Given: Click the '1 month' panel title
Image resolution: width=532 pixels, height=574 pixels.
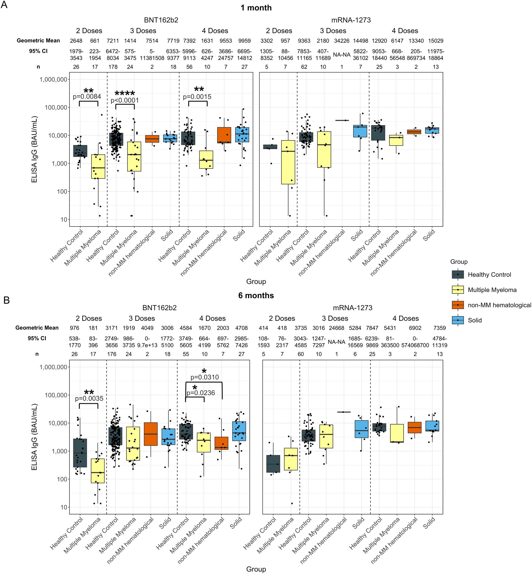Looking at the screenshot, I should tap(256, 8).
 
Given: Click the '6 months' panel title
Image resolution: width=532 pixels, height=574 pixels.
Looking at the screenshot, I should tap(256, 295).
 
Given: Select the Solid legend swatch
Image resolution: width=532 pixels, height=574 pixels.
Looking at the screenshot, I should tap(458, 320).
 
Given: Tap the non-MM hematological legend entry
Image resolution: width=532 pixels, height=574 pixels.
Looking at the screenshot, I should tap(499, 305).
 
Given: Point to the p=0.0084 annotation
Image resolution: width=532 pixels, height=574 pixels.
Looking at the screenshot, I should tap(87, 97).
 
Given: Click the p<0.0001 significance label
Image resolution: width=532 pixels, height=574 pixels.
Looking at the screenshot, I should tap(125, 100).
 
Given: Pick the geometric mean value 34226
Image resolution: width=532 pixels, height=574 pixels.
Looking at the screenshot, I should tap(341, 41).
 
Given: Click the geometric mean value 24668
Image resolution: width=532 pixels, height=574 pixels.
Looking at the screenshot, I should tap(336, 328).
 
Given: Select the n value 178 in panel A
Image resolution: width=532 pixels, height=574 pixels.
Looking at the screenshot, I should tap(113, 67).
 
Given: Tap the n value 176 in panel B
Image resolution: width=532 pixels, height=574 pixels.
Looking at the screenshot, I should tap(112, 354).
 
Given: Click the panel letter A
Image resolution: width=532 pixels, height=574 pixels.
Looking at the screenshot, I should tap(4, 5).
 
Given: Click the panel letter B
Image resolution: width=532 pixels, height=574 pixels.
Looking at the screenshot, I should tap(6, 300).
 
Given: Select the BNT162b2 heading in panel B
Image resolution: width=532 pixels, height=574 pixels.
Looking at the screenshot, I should tap(159, 308).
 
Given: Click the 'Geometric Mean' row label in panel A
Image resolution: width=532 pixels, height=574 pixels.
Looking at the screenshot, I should tap(38, 41).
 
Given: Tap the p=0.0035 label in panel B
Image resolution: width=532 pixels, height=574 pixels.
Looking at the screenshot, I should tap(89, 398).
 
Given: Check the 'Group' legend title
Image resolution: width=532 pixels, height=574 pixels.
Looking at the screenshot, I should tap(459, 262).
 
